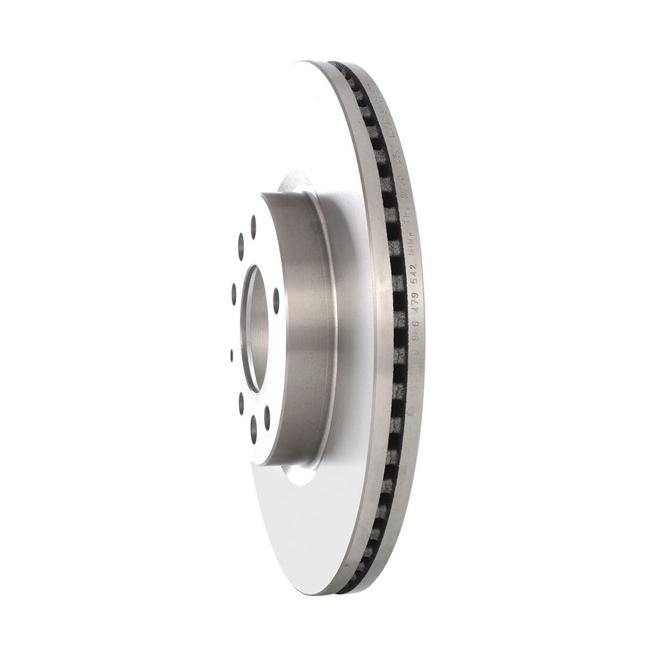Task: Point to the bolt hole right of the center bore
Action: click(x=276, y=296)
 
